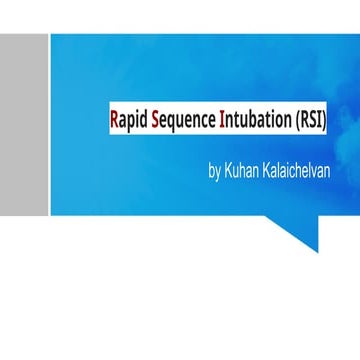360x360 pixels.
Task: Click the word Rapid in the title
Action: pyautogui.click(x=127, y=122)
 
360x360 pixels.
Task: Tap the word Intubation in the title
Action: pyautogui.click(x=254, y=122)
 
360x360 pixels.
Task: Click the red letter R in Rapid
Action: pyautogui.click(x=114, y=121)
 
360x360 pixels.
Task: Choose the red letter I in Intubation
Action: pyautogui.click(x=222, y=121)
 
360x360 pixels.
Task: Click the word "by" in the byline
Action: pyautogui.click(x=214, y=171)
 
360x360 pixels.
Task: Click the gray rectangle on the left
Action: pyautogui.click(x=24, y=124)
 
